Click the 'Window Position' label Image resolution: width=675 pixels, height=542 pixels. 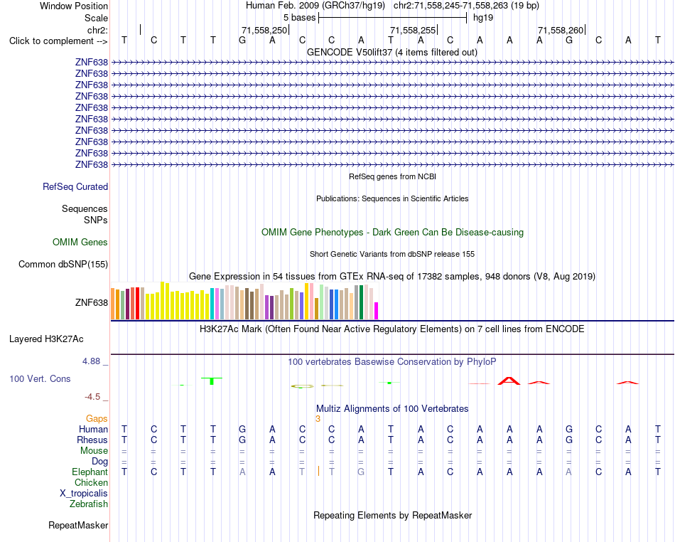[74, 6]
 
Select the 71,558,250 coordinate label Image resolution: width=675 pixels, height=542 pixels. [264, 30]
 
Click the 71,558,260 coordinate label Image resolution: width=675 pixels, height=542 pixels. [561, 30]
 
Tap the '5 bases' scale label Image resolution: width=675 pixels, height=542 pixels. [299, 18]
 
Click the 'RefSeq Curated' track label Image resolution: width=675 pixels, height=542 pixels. [75, 186]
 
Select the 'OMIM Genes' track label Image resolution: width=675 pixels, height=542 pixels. [80, 242]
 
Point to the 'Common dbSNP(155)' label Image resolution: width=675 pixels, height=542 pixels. [63, 264]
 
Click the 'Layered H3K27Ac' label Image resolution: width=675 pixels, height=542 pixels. [46, 339]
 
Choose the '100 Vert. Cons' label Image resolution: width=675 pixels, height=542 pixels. [40, 378]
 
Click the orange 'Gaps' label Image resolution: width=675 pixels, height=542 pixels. [97, 418]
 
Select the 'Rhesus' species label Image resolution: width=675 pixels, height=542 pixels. [92, 440]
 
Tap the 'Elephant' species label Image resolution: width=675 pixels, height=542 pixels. [90, 472]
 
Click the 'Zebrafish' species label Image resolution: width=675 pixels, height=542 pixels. [89, 504]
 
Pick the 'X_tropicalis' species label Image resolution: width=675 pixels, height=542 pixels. [84, 494]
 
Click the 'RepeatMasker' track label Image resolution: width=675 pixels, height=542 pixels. [78, 525]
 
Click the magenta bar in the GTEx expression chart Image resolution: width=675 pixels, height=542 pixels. [377, 311]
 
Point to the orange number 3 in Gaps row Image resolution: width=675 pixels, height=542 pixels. [318, 419]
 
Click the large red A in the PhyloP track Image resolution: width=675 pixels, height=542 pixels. [509, 381]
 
